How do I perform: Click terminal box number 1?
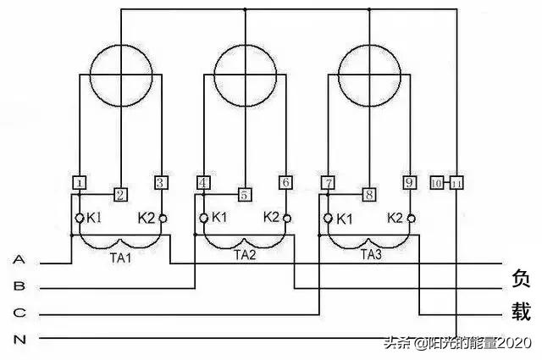(x=80, y=182)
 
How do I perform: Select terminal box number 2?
(x=120, y=196)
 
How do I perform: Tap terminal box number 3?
(x=162, y=182)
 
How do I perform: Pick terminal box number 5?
(x=244, y=195)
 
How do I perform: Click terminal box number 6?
(x=285, y=182)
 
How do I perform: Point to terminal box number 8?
(x=368, y=195)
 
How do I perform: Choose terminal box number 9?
(x=410, y=182)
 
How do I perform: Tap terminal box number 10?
(x=437, y=183)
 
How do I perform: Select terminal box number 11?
(x=456, y=183)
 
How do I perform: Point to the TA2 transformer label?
(x=245, y=254)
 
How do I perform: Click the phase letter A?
(x=19, y=259)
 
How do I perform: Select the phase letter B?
(x=19, y=286)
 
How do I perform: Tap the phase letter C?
(x=19, y=313)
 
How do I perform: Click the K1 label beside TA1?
(x=94, y=218)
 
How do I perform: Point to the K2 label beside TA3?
(x=395, y=217)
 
